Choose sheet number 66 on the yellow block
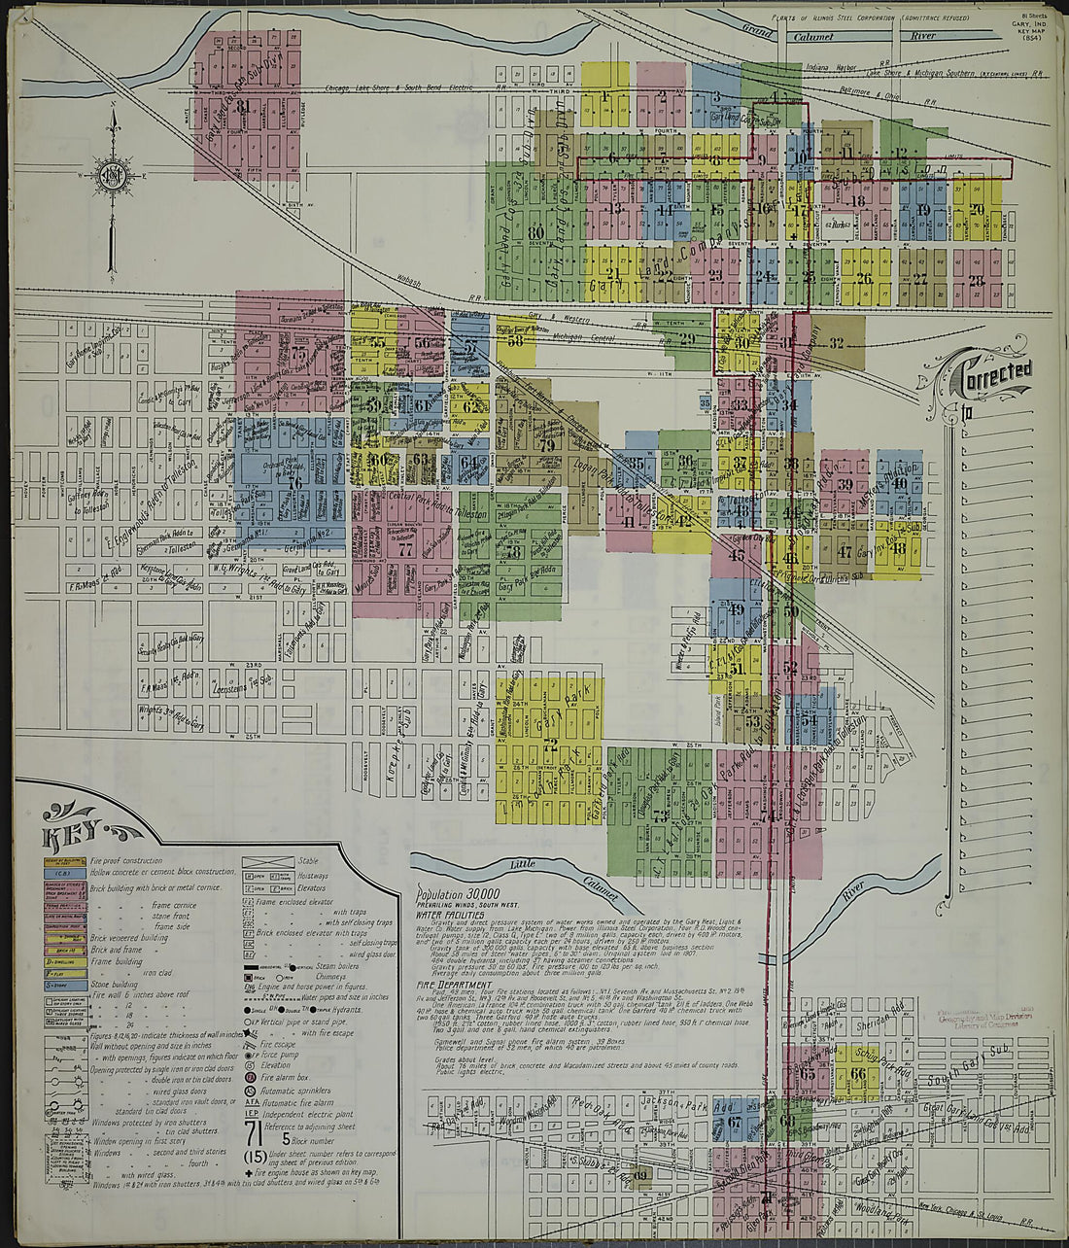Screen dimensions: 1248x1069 point(857,1074)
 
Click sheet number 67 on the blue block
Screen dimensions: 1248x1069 point(735,1122)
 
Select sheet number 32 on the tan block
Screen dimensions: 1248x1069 point(836,343)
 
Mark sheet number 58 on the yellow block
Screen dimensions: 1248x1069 point(515,339)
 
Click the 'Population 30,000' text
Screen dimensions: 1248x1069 point(458,893)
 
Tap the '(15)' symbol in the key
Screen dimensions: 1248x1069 point(255,1158)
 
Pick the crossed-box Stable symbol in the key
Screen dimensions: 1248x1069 point(267,862)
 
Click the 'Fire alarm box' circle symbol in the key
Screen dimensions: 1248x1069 point(251,1076)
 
